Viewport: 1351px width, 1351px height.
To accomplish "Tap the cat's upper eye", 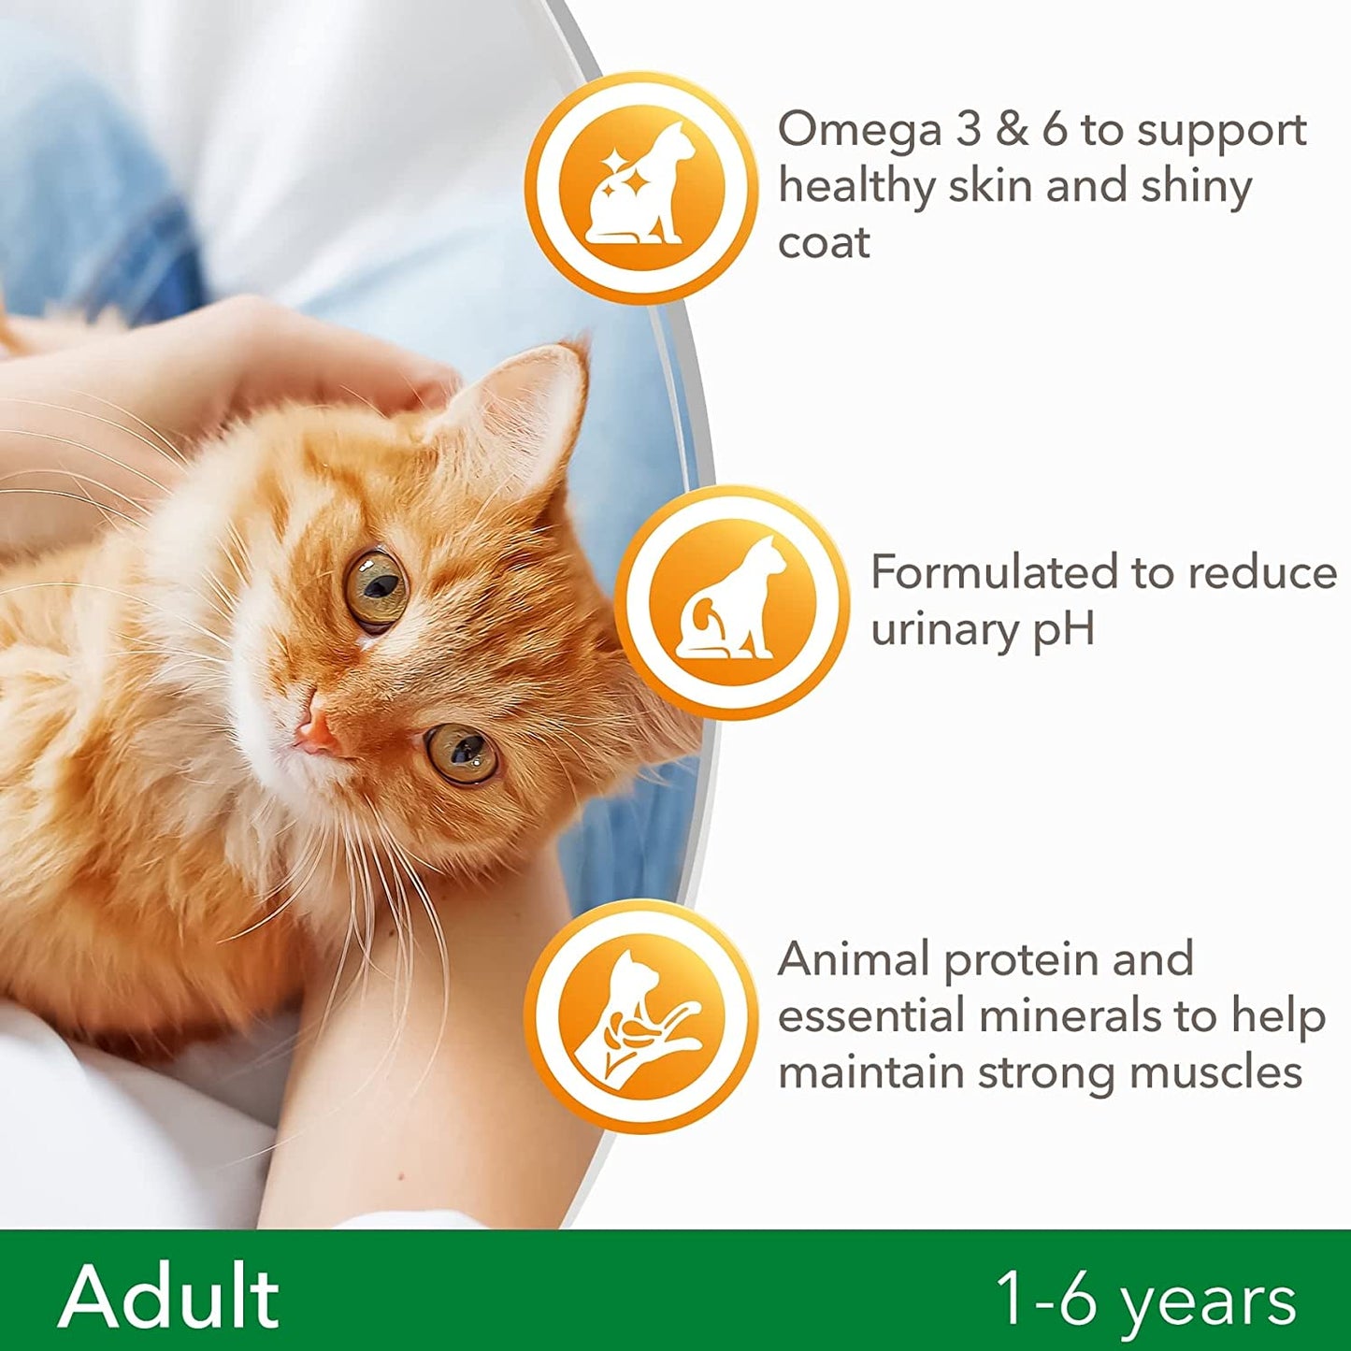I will [377, 588].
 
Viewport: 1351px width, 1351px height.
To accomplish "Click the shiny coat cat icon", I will [640, 186].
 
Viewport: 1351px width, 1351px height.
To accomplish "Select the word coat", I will [824, 243].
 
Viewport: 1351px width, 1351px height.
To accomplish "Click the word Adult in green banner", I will [169, 1297].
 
